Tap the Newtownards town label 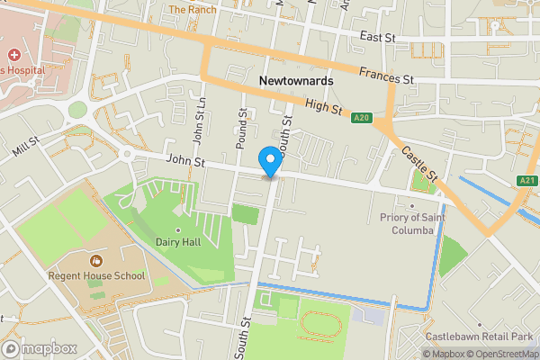[295, 81]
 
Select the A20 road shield [362, 117]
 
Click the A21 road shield [528, 181]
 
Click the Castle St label [418, 162]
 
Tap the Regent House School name [96, 275]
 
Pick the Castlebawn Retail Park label [481, 336]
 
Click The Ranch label [192, 10]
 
